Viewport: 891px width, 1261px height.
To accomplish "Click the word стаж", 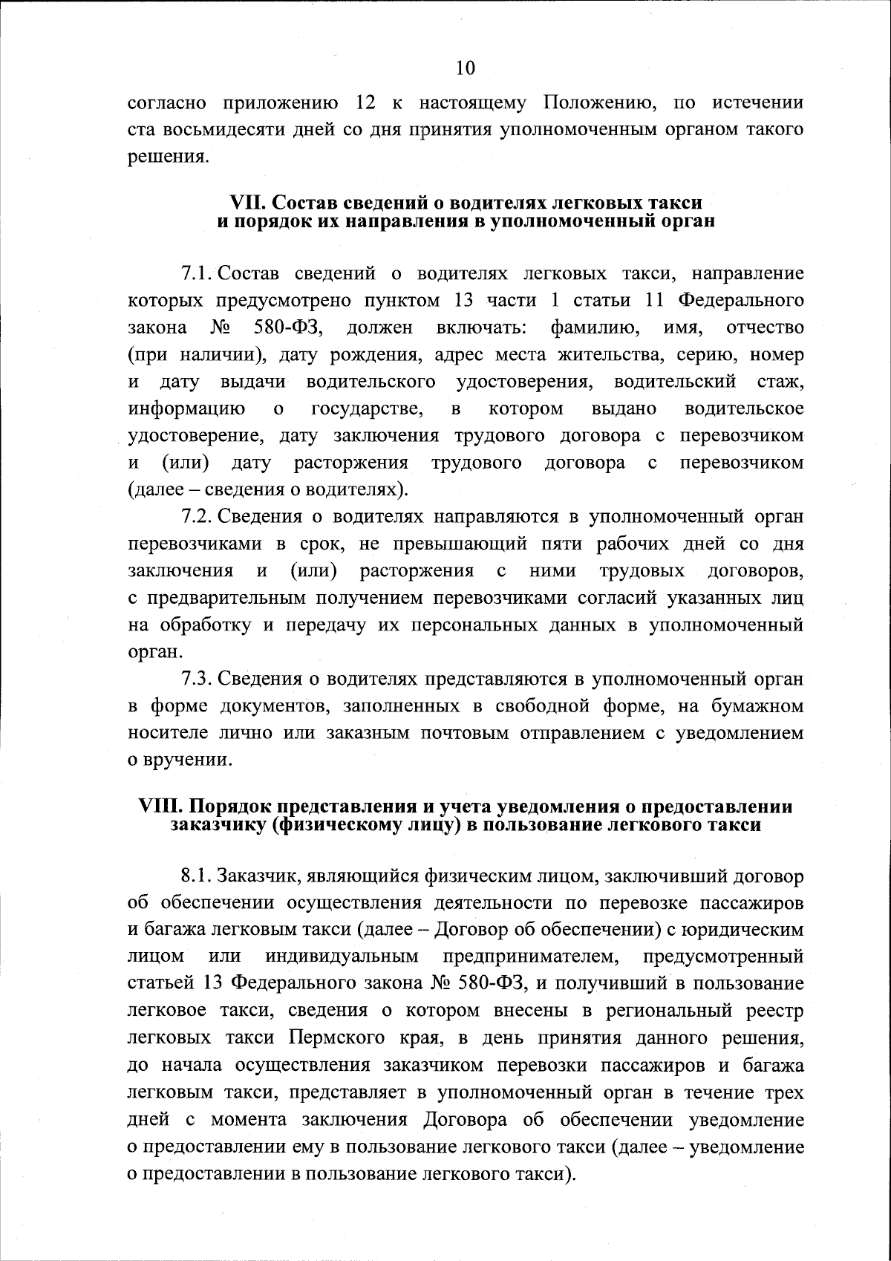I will [780, 382].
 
